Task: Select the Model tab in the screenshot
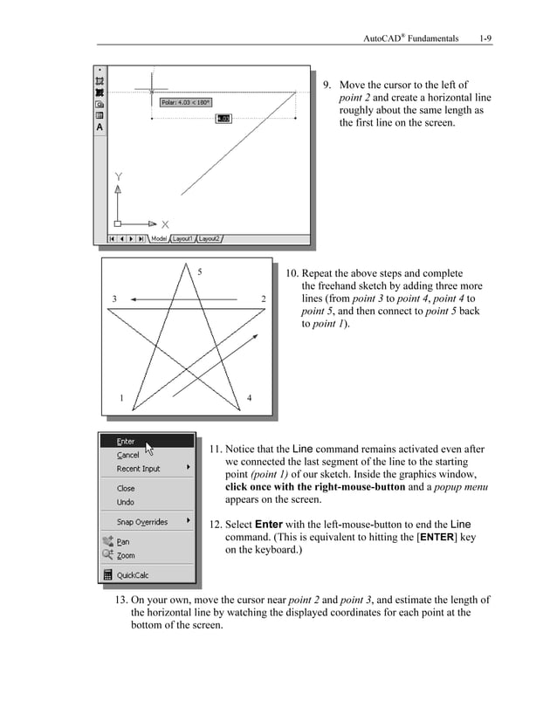(x=158, y=237)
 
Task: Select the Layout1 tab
(x=182, y=237)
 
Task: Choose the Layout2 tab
(x=209, y=237)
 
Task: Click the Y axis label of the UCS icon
(x=119, y=177)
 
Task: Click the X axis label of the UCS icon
(x=165, y=223)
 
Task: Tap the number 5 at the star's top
(x=200, y=272)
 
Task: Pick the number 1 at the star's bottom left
(x=120, y=399)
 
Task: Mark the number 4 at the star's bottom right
(x=250, y=399)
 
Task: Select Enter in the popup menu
(x=127, y=442)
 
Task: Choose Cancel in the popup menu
(x=127, y=455)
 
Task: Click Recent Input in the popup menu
(x=139, y=469)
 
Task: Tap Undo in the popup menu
(x=126, y=502)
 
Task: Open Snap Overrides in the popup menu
(x=142, y=522)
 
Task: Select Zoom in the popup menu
(x=126, y=555)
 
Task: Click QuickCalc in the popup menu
(x=133, y=575)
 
